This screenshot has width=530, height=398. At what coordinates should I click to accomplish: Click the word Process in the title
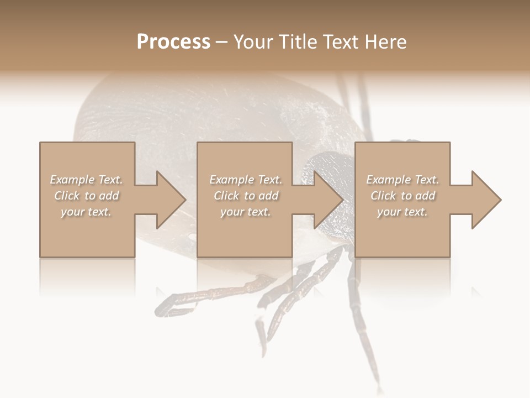pos(173,42)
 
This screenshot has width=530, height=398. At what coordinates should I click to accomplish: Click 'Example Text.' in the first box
pos(86,180)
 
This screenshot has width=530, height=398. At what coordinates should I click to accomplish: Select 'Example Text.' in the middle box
pos(245,180)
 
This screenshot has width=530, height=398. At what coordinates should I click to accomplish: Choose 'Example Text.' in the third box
pos(402,180)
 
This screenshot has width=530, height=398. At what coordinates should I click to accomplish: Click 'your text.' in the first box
pos(86,212)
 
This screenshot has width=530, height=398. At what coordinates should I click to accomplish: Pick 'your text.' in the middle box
pos(245,212)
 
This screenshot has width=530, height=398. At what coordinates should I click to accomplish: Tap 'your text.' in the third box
pos(402,212)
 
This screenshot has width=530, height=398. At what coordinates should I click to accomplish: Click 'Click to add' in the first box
pos(86,196)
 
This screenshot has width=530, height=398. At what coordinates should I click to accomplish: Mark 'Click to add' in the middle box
pos(245,196)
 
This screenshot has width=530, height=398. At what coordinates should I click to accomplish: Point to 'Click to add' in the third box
pos(402,196)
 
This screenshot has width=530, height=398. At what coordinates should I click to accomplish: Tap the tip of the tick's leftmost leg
pos(160,310)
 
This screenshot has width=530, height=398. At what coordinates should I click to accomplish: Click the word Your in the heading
pos(252,42)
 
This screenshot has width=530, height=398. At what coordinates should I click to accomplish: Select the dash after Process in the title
pos(221,42)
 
